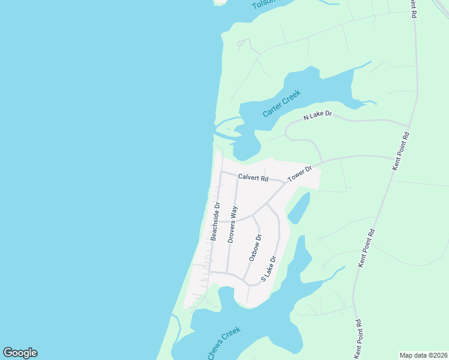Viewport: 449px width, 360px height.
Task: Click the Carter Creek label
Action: pyautogui.click(x=281, y=104)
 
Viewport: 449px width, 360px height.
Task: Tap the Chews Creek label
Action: pyautogui.click(x=224, y=343)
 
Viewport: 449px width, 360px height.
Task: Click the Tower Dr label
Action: pyautogui.click(x=300, y=174)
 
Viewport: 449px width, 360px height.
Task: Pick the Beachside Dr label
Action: pyautogui.click(x=215, y=221)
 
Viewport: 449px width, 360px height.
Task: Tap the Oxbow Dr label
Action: pyautogui.click(x=256, y=247)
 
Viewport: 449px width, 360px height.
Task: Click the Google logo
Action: pyautogui.click(x=20, y=353)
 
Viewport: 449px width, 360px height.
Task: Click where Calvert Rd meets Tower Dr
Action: pyautogui.click(x=285, y=182)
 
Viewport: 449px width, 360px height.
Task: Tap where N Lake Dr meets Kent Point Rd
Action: pyautogui.click(x=408, y=123)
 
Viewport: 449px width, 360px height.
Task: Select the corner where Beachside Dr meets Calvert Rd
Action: pyautogui.click(x=221, y=172)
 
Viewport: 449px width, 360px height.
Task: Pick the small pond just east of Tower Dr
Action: pyautogui.click(x=298, y=208)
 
